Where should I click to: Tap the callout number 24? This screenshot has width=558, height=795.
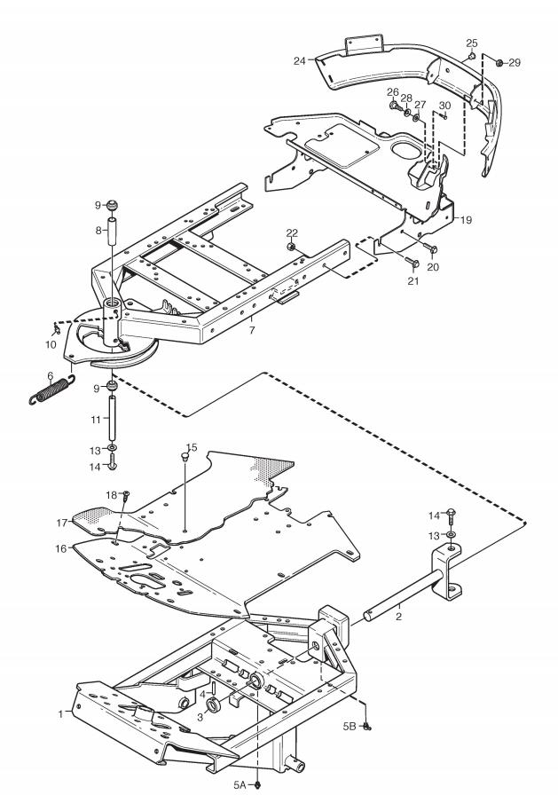click(300, 61)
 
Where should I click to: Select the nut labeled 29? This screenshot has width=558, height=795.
click(499, 62)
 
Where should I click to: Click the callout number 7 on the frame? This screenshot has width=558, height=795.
click(252, 330)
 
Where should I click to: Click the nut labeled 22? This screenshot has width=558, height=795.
click(291, 247)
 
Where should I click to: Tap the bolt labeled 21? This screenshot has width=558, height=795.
click(413, 262)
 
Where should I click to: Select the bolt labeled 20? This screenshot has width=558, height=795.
click(432, 249)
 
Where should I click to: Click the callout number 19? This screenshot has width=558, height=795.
click(466, 220)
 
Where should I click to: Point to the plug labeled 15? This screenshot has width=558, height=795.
click(185, 457)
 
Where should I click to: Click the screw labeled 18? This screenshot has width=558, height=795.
click(126, 495)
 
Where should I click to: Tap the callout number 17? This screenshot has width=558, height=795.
click(62, 523)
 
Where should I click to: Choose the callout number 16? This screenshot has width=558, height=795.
click(61, 548)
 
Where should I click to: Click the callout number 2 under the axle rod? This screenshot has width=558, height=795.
click(399, 617)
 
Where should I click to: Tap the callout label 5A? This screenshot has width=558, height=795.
click(240, 784)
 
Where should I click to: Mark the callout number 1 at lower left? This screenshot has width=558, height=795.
click(61, 714)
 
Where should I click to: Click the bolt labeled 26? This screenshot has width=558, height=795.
click(394, 106)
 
